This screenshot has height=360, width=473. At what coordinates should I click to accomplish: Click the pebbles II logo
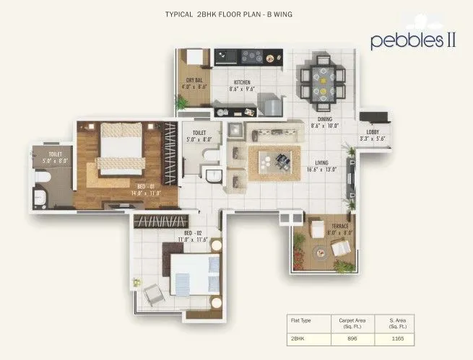(x=413, y=40)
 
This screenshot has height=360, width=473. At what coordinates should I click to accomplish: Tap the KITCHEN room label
(x=242, y=82)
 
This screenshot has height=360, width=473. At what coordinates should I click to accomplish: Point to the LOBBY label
(x=373, y=131)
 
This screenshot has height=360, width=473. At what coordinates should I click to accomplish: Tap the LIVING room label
(x=312, y=162)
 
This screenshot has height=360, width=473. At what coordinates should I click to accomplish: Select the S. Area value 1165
(x=398, y=338)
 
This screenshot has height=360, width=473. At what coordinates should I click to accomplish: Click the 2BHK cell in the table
(x=298, y=338)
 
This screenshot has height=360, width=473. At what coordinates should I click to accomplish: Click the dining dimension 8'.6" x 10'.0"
(x=324, y=126)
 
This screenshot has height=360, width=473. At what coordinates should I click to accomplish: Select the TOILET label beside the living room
(x=200, y=133)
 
